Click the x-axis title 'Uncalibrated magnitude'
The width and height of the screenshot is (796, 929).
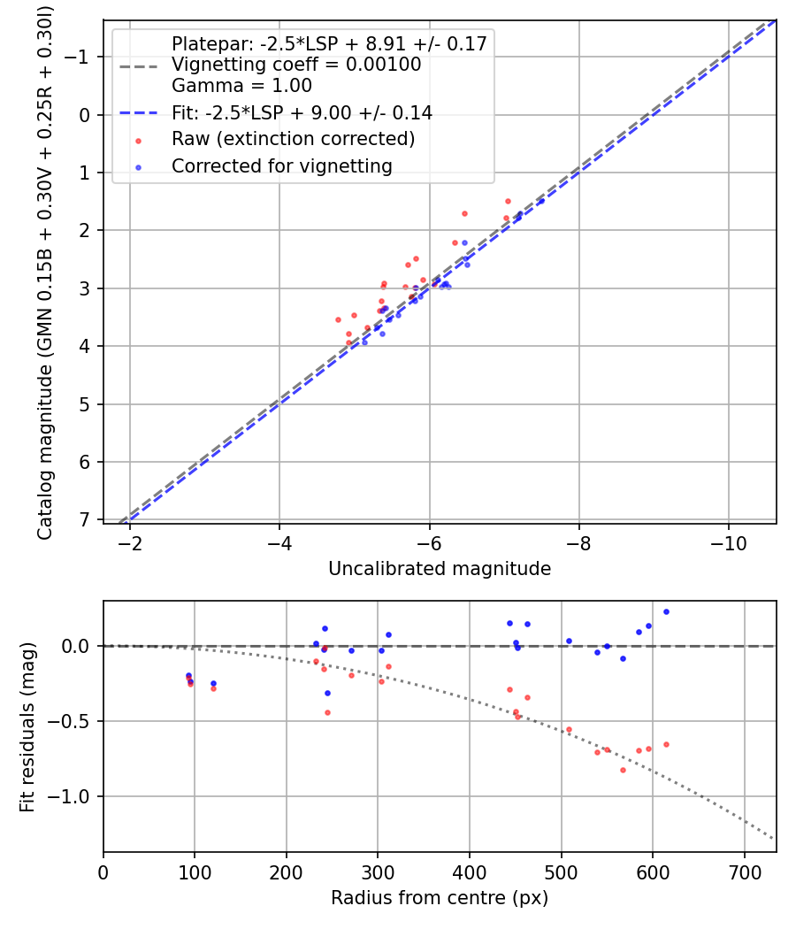pos(440,569)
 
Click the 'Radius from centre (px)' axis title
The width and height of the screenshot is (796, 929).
pos(440,898)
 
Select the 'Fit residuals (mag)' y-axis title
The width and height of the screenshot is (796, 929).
pos(27,726)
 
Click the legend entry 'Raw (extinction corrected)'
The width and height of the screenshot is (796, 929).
pos(293,139)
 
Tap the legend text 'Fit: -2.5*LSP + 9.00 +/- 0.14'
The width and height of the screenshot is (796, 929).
pos(302,112)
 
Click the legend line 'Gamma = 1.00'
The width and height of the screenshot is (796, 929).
pos(241,86)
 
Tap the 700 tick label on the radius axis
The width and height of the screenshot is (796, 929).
pos(744,872)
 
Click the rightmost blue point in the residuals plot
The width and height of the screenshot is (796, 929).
pos(666,611)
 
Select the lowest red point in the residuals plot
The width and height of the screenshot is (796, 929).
pos(623,770)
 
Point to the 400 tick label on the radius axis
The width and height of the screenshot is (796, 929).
pos(469,872)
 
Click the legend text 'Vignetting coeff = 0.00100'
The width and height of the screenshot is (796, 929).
pos(296,65)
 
